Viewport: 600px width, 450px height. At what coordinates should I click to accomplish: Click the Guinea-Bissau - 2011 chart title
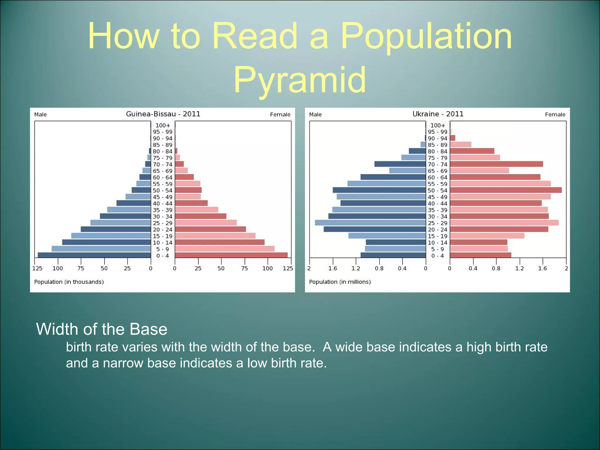(163, 114)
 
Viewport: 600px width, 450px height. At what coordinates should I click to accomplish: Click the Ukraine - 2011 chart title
(438, 114)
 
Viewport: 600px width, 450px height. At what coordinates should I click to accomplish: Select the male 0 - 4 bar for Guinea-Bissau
(94, 255)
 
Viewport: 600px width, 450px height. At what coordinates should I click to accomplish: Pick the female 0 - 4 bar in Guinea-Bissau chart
(231, 255)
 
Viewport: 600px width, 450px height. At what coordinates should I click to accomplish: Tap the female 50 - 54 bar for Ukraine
(506, 190)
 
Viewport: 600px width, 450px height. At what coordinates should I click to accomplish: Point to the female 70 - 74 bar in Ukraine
(496, 164)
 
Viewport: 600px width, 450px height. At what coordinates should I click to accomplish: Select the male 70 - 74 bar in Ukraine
(400, 164)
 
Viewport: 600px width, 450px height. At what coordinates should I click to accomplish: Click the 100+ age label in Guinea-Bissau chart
(163, 125)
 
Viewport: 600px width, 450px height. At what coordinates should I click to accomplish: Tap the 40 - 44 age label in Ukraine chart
(437, 204)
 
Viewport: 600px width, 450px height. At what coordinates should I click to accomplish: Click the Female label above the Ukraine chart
(555, 115)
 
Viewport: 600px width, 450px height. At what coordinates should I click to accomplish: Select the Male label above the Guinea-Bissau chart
(40, 115)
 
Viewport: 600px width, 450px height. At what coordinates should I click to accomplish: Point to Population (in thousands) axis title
(69, 282)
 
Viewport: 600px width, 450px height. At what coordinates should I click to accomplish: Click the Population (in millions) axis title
(340, 282)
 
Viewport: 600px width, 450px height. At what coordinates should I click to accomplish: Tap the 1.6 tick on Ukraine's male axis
(333, 268)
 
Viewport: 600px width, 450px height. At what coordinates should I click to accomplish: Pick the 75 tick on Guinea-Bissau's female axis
(244, 268)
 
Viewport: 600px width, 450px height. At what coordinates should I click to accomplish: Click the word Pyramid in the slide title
(299, 80)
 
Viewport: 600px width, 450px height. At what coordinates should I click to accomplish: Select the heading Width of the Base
(101, 329)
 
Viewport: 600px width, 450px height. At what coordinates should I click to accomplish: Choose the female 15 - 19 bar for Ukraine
(487, 236)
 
